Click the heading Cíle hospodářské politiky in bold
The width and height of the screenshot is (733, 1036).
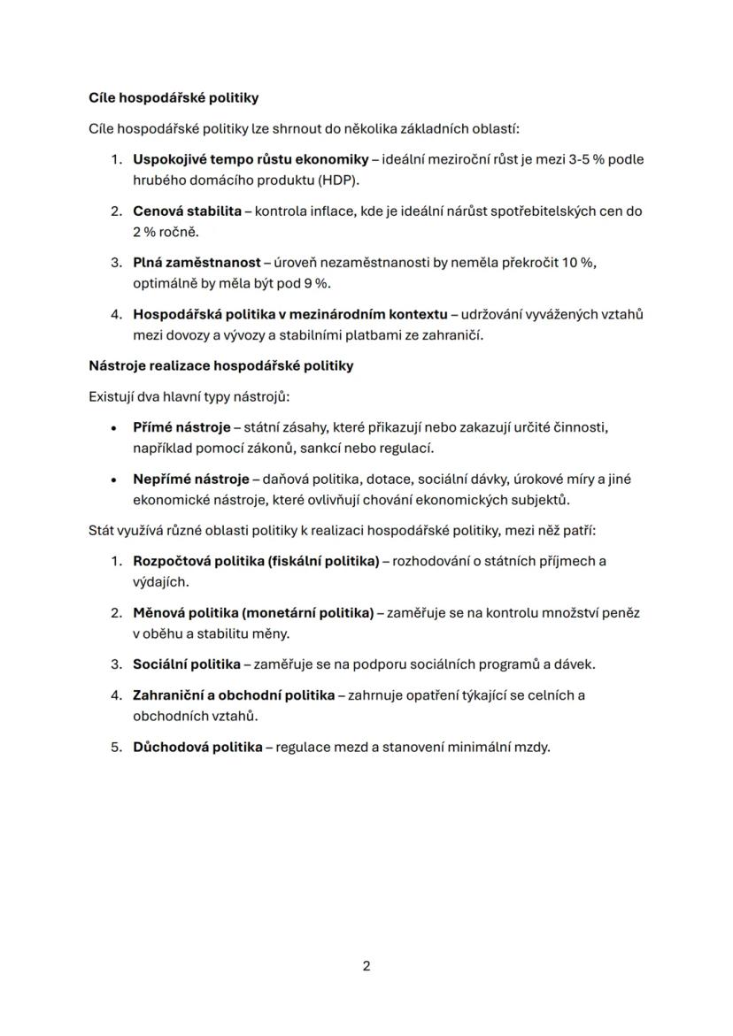[x=174, y=97]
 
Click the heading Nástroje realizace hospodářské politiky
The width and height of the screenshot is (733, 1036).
[x=220, y=365]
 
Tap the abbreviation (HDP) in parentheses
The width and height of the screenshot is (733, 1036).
[x=334, y=180]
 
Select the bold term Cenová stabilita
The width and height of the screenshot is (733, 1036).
[x=187, y=211]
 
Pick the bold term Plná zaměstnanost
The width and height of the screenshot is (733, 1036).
[x=197, y=263]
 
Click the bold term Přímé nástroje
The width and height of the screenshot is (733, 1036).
[x=181, y=427]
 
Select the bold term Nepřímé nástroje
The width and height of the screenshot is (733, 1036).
[x=191, y=480]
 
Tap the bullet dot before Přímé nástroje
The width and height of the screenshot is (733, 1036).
[x=114, y=428]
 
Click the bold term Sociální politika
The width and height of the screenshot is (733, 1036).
[x=186, y=664]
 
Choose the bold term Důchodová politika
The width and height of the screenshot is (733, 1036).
[x=197, y=747]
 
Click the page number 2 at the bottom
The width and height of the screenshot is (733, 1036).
[x=366, y=965]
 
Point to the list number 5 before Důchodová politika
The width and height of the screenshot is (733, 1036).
[x=115, y=747]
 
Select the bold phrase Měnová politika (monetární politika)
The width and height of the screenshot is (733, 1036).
[x=253, y=612]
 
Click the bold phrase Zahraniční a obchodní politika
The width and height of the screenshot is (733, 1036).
[x=234, y=695]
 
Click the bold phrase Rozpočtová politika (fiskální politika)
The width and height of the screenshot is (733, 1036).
[x=256, y=561]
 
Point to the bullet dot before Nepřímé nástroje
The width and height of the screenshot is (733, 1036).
[x=114, y=480]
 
